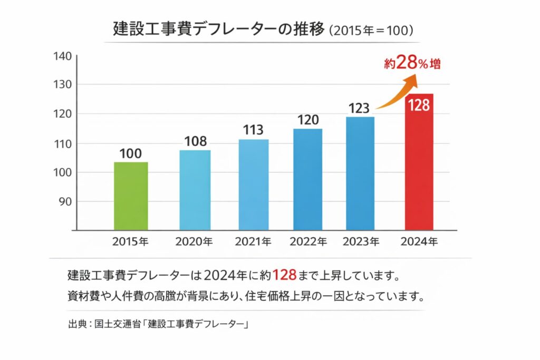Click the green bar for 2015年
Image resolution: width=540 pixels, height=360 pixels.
[131, 196]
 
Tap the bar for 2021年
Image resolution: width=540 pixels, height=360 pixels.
[253, 184]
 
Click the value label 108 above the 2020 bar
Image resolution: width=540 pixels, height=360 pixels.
[195, 141]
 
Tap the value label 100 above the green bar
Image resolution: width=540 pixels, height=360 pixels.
[130, 153]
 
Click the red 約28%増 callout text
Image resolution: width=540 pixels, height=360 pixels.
[412, 64]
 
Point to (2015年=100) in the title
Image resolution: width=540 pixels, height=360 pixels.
[370, 30]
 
